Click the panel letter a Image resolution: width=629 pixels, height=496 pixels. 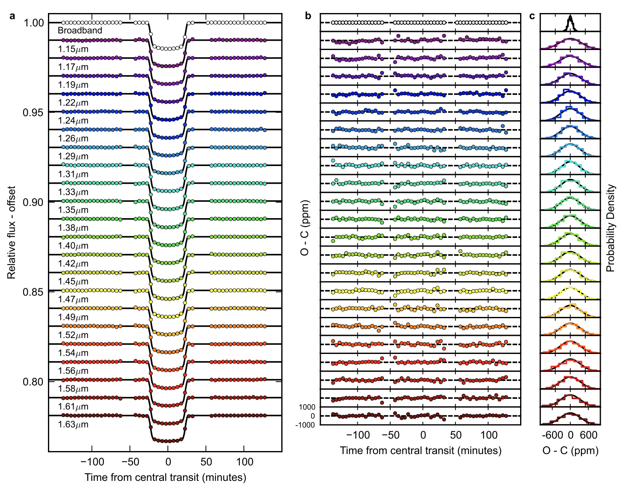13,16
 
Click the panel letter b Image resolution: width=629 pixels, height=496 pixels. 308,16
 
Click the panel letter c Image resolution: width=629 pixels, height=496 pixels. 532,16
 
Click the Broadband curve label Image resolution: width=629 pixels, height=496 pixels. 80,31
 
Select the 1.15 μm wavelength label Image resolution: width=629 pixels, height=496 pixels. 73,49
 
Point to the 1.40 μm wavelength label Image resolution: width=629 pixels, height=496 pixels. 73,246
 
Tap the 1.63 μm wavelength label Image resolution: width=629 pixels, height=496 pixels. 73,425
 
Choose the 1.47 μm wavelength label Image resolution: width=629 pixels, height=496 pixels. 73,300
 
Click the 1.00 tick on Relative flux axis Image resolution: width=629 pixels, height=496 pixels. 34,23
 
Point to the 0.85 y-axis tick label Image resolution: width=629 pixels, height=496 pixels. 34,291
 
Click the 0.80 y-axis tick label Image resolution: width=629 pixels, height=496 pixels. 34,382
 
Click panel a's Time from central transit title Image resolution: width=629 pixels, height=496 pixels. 165,478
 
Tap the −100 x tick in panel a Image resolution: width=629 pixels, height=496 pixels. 92,462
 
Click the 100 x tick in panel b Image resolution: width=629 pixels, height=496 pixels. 489,435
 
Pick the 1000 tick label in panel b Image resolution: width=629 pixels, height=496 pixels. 307,407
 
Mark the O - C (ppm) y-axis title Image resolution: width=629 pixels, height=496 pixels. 305,228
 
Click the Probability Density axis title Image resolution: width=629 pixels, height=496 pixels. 610,228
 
